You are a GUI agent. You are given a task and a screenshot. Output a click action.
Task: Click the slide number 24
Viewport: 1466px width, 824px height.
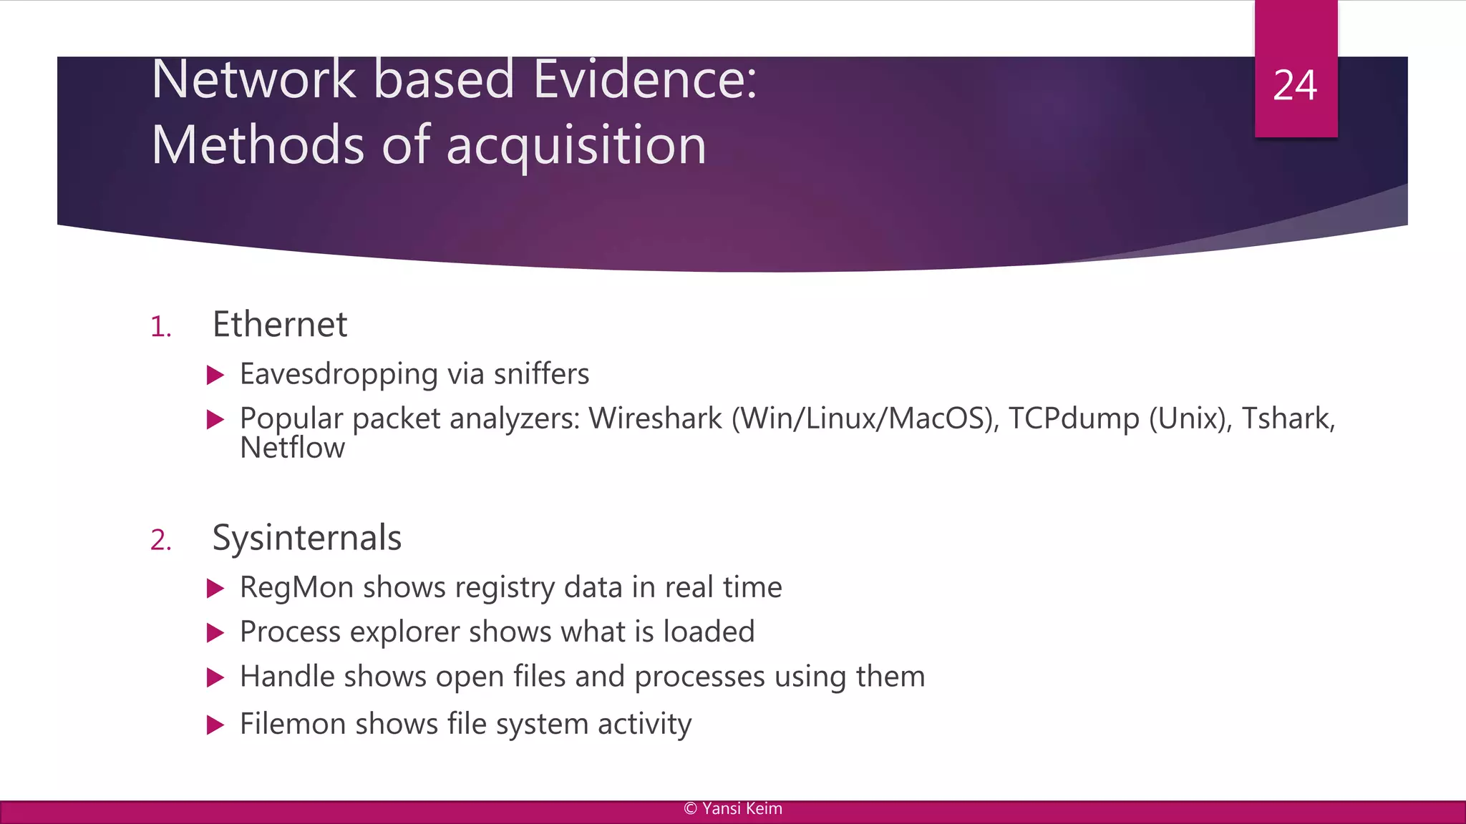1294,86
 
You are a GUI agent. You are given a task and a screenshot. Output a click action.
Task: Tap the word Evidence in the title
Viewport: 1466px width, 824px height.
644,79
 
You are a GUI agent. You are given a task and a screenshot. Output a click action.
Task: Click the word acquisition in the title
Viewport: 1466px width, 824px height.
576,145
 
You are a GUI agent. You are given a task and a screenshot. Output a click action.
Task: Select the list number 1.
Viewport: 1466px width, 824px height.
161,328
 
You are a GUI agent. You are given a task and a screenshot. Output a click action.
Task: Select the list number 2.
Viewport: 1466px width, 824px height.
161,540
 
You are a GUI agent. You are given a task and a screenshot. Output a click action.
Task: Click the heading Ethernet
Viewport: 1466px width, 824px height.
280,325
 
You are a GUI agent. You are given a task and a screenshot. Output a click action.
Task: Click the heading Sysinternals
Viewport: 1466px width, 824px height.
307,538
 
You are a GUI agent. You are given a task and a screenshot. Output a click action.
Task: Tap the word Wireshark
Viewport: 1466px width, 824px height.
655,418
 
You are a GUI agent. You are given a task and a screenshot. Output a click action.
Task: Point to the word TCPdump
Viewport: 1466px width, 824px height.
1073,418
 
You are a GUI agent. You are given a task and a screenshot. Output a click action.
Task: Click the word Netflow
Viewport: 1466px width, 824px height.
292,448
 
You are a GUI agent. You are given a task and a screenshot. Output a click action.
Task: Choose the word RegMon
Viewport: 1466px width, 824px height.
296,587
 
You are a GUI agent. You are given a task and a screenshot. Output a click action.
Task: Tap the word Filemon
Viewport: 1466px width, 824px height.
292,724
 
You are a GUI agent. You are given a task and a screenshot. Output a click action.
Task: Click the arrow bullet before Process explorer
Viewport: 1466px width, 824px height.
215,632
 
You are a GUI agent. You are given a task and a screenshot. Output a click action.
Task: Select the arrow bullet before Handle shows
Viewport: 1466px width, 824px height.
215,677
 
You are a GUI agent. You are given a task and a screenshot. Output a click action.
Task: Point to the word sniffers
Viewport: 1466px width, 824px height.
541,374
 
